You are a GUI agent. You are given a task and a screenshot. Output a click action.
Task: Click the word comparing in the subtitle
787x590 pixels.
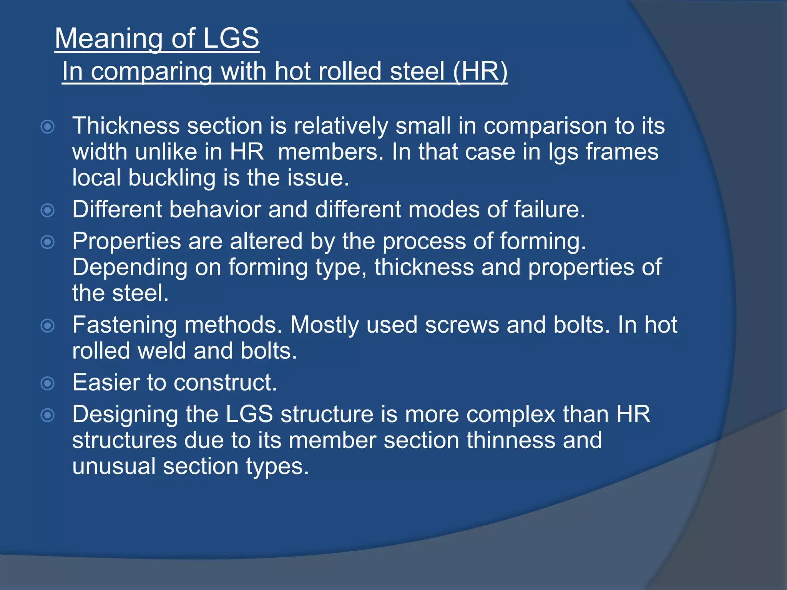pyautogui.click(x=151, y=72)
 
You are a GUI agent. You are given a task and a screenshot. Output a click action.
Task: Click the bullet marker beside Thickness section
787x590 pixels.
pyautogui.click(x=48, y=126)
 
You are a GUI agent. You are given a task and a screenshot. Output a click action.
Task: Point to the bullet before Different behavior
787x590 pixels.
pyautogui.click(x=48, y=210)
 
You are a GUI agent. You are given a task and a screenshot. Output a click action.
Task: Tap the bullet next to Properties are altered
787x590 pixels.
pyautogui.click(x=48, y=242)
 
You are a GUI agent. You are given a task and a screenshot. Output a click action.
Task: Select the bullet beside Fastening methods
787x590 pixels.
pyautogui.click(x=48, y=326)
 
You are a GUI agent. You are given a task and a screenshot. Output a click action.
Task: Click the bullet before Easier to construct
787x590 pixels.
pyautogui.click(x=48, y=383)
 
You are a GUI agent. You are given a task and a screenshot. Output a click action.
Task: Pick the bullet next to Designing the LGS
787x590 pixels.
pyautogui.click(x=48, y=415)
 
